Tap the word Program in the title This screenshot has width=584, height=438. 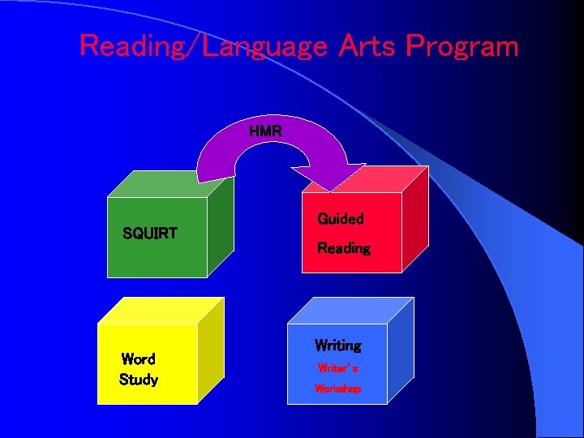point(462,46)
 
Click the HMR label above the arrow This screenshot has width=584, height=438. point(265,130)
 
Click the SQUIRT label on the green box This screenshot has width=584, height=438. point(149,234)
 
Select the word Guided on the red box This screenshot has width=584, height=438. point(340,218)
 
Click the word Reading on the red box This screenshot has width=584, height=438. point(343,248)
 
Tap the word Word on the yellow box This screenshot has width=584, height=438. point(138,359)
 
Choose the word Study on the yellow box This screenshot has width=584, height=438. point(138,380)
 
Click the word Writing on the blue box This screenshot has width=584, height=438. point(338,346)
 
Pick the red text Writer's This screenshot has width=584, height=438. point(338,368)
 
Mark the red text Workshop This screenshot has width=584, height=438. point(338,389)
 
